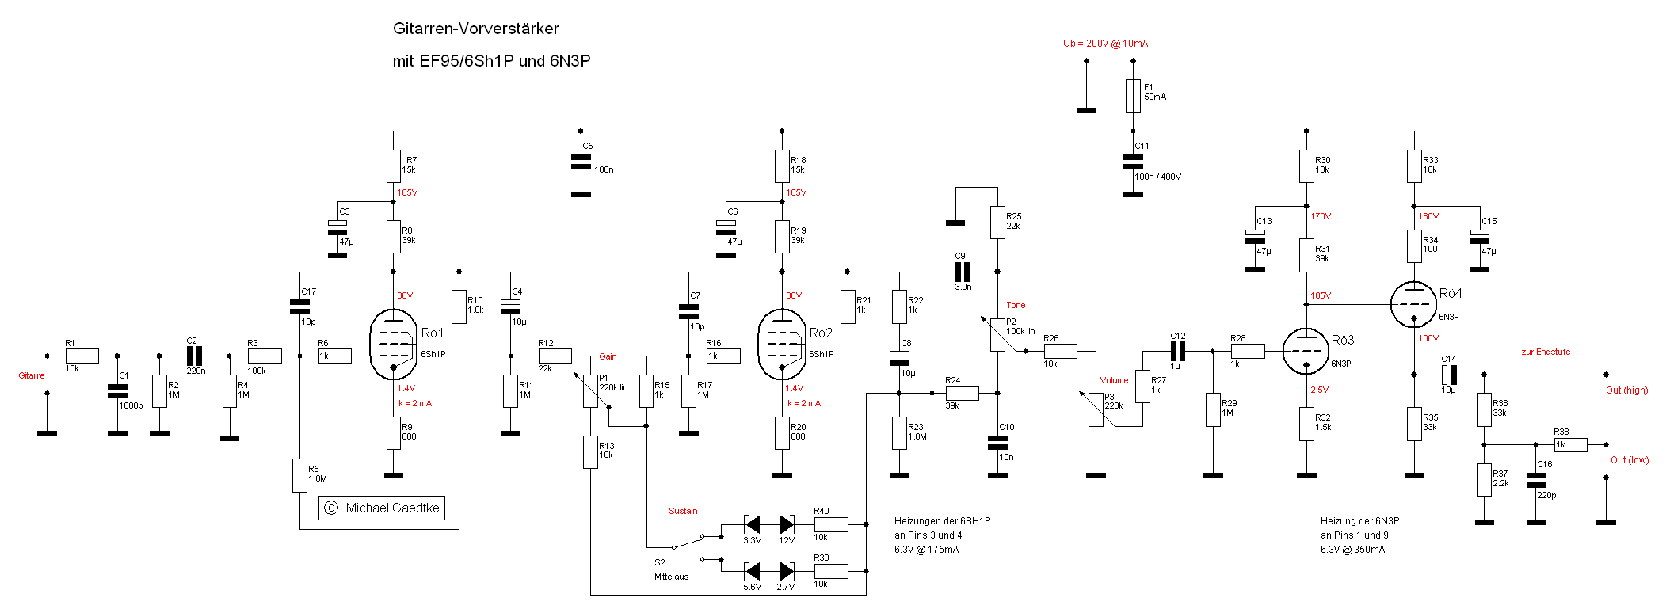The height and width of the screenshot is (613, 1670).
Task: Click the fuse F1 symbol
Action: point(1133,96)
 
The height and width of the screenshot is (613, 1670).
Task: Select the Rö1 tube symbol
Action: point(393,345)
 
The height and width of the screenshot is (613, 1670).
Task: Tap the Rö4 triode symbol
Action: point(1413,304)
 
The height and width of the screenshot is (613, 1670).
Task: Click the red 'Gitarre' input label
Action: point(32,375)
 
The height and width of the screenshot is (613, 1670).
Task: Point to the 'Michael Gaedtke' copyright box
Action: point(382,508)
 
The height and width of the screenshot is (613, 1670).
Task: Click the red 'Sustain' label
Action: point(683,511)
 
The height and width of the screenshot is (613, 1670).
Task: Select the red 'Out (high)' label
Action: point(1626,390)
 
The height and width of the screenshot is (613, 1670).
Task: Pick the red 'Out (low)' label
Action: point(1630,460)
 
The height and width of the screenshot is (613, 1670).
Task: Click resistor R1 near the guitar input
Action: point(82,356)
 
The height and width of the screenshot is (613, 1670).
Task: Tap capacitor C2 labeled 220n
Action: point(194,356)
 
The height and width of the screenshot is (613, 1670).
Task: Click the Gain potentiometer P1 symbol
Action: point(590,390)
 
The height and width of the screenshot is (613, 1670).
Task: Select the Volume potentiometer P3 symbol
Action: point(1096,409)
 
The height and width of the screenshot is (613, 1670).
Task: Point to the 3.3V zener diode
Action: point(753,524)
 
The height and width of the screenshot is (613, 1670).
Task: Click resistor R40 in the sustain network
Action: point(831,524)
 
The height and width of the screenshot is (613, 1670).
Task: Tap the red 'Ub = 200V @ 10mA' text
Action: point(1105,44)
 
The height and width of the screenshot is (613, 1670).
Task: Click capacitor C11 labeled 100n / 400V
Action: point(1133,162)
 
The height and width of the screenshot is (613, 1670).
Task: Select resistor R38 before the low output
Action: point(1570,444)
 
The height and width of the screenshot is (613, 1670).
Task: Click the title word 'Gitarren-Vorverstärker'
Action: point(476,29)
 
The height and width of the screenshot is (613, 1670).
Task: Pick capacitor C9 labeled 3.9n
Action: point(963,272)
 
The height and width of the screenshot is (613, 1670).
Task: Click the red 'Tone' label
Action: point(1016,305)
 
